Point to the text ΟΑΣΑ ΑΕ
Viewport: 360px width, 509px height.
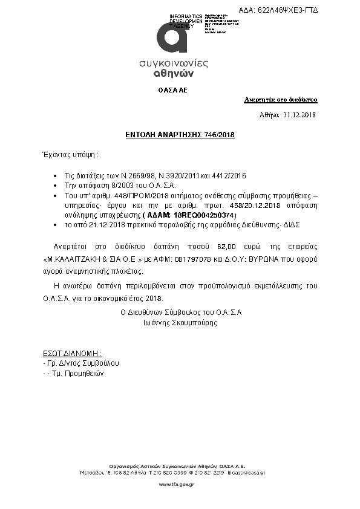pyautogui.click(x=172, y=89)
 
